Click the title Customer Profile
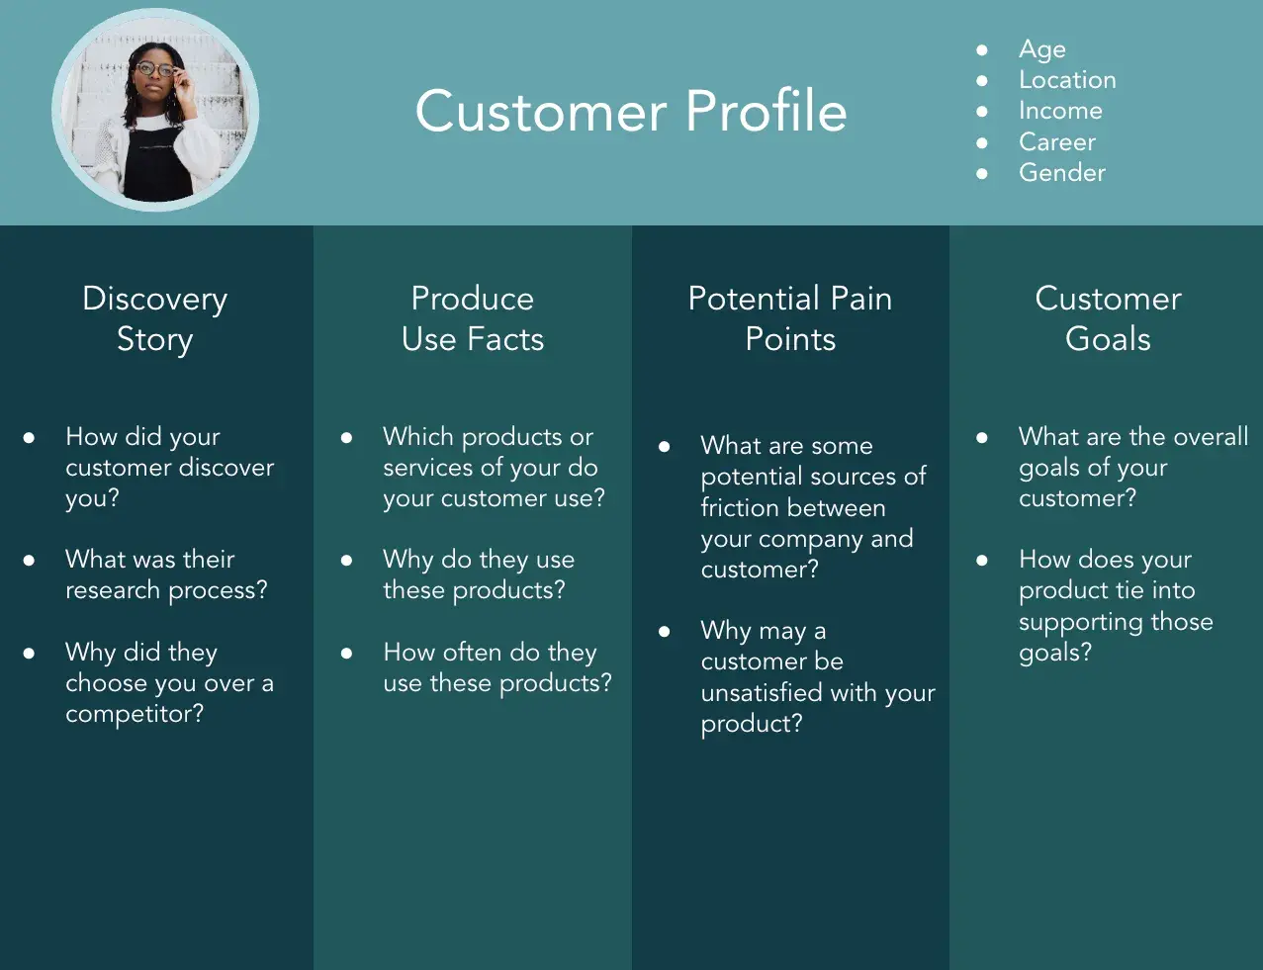point(631,111)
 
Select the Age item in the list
point(1041,49)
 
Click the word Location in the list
point(1067,80)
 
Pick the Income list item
point(1060,111)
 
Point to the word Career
point(1056,142)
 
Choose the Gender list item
point(1061,173)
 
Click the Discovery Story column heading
point(155,318)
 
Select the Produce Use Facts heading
point(473,318)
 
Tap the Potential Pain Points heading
point(790,318)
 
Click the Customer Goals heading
point(1108,318)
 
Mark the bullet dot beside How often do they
point(347,654)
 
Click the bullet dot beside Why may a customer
point(665,631)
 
